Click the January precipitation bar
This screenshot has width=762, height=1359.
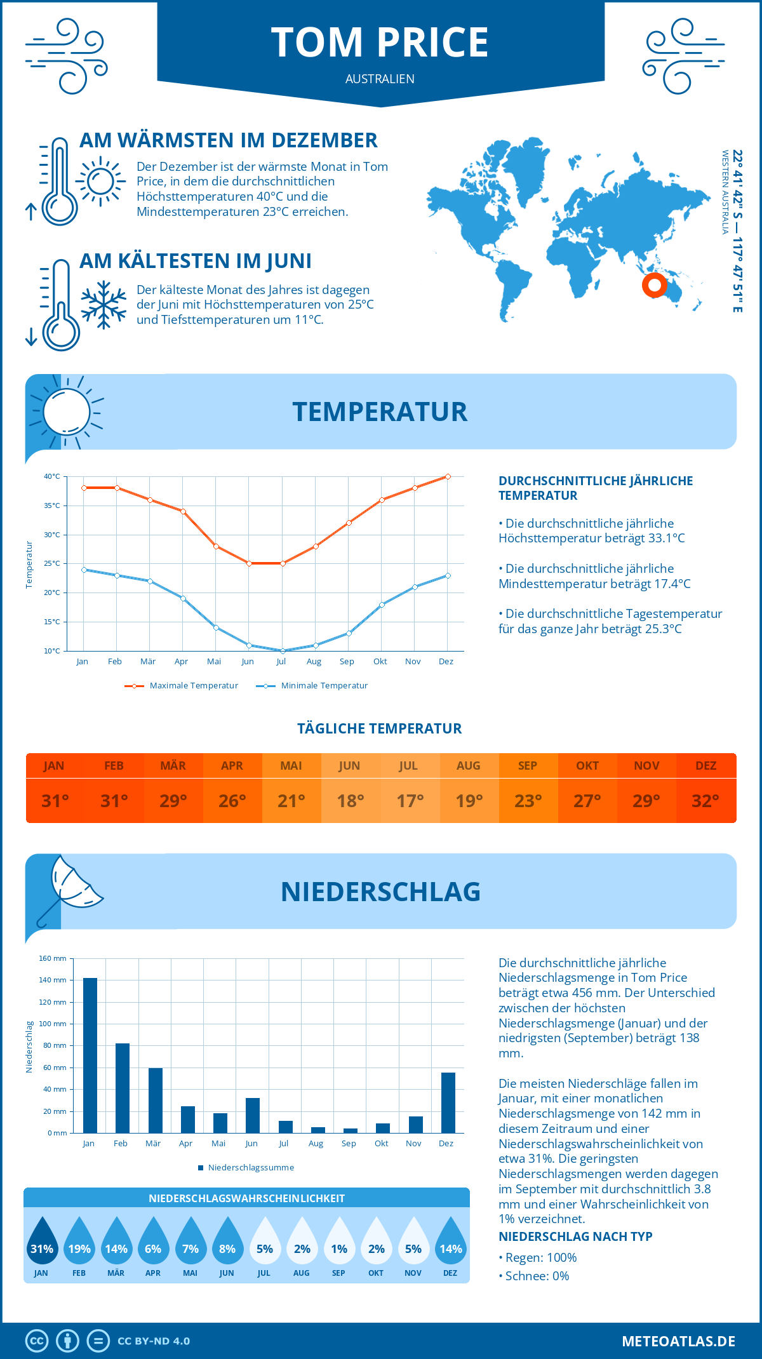coord(90,1055)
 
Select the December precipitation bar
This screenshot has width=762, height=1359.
coord(448,1102)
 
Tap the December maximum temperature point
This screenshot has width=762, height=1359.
coord(448,476)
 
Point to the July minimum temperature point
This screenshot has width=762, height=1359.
coord(283,651)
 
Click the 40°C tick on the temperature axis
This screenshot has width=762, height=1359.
coord(52,476)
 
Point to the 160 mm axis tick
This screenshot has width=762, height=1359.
coord(53,958)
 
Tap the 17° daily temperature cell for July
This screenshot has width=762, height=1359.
coord(410,801)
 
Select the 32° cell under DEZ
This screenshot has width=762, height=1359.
coord(705,801)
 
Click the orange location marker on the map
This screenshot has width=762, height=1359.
coord(654,285)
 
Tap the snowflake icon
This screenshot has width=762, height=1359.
coord(104,305)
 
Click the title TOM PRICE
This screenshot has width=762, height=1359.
coord(380,43)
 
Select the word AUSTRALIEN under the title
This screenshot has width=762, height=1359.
coord(380,79)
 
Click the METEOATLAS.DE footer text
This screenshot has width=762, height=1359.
coord(678,1341)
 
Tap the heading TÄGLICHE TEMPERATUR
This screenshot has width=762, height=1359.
coord(380,728)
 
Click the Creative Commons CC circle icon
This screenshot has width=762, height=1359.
coord(37,1341)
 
